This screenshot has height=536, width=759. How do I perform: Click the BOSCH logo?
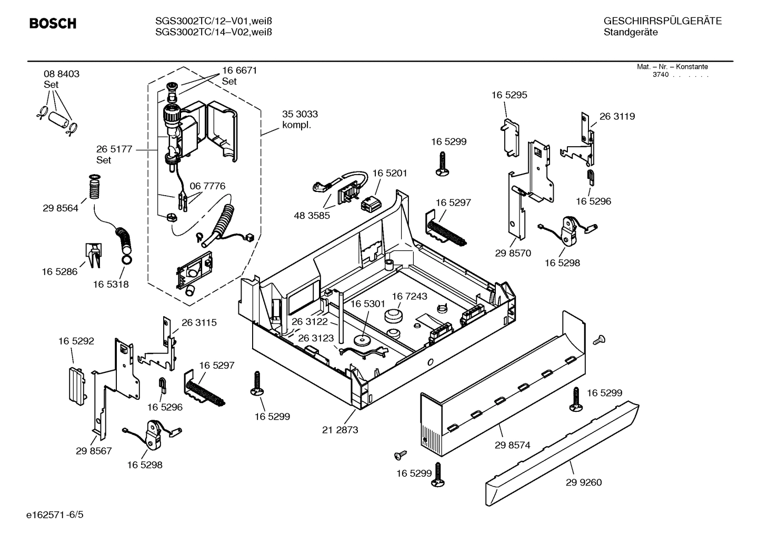coord(53,24)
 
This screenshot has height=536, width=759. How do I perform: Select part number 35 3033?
coord(299,114)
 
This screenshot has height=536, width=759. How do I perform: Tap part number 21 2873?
coord(339,430)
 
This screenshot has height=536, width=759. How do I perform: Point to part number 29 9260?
coord(583,482)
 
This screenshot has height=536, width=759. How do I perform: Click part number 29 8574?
coord(512,445)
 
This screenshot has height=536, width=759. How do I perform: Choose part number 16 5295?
coord(509,95)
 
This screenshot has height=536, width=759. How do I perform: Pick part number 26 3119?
coord(617,117)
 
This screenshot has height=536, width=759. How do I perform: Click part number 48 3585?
coord(312,215)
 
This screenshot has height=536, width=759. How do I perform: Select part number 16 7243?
coord(409,297)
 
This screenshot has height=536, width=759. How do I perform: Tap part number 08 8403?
coord(62,74)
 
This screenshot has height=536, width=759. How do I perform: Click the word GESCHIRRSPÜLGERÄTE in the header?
coord(662,21)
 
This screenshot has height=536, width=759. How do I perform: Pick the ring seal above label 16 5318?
coord(127,259)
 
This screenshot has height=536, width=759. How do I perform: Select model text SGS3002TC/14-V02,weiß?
coord(213,32)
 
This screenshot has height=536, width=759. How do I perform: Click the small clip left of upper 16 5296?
coord(590,177)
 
